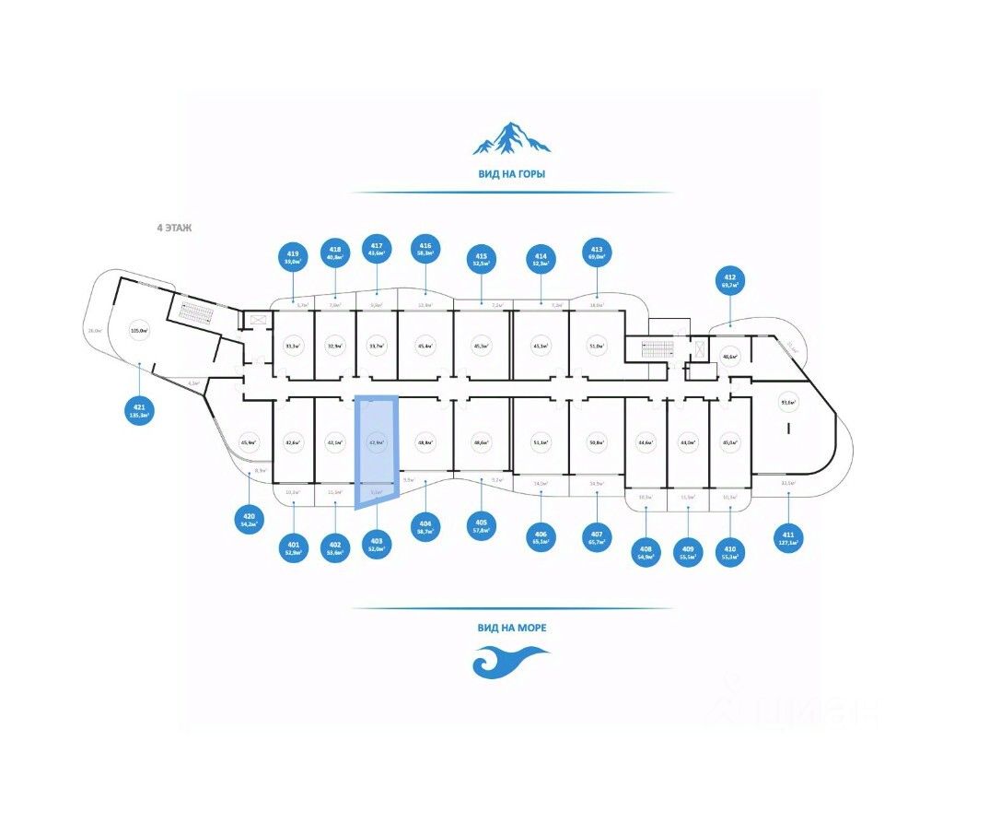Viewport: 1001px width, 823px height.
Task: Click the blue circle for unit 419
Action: tap(294, 257)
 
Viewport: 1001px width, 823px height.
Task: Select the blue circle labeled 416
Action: tap(425, 249)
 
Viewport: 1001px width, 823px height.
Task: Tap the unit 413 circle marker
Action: tap(597, 253)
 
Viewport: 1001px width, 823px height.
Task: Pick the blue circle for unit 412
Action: tap(730, 281)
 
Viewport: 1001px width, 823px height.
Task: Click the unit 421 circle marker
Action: tap(139, 410)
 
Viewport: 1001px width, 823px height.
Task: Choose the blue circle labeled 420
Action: tap(249, 519)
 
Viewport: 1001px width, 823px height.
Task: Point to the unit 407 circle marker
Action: tap(597, 537)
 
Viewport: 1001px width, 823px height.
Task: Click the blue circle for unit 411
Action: tap(788, 537)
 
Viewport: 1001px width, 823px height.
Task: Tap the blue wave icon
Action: tap(510, 661)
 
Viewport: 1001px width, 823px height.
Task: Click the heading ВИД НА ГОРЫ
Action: tap(512, 172)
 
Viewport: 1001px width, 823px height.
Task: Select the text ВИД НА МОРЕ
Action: tap(512, 628)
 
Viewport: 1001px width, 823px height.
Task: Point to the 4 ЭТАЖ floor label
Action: tap(174, 227)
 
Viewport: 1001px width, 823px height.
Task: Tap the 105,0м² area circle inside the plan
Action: tap(140, 330)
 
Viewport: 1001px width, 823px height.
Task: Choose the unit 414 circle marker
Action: tap(541, 259)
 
